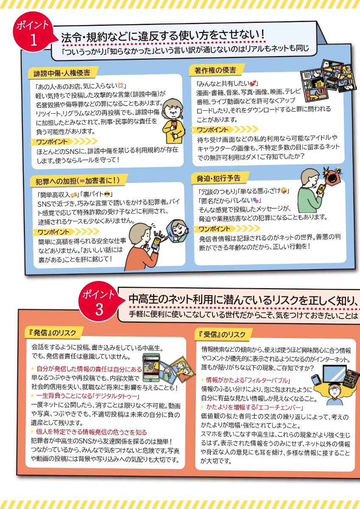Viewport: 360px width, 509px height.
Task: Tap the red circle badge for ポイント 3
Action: [99, 301]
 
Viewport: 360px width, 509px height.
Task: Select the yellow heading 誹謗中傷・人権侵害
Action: [62, 73]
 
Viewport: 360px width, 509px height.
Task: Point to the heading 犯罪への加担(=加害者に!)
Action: [78, 181]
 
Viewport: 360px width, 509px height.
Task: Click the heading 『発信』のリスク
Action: [53, 333]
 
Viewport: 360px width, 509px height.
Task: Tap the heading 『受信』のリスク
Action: [222, 335]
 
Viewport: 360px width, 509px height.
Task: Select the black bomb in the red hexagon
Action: [332, 177]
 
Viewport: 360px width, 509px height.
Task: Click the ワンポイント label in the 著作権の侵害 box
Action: [212, 130]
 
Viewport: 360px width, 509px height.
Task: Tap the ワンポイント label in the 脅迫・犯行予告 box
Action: [215, 229]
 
